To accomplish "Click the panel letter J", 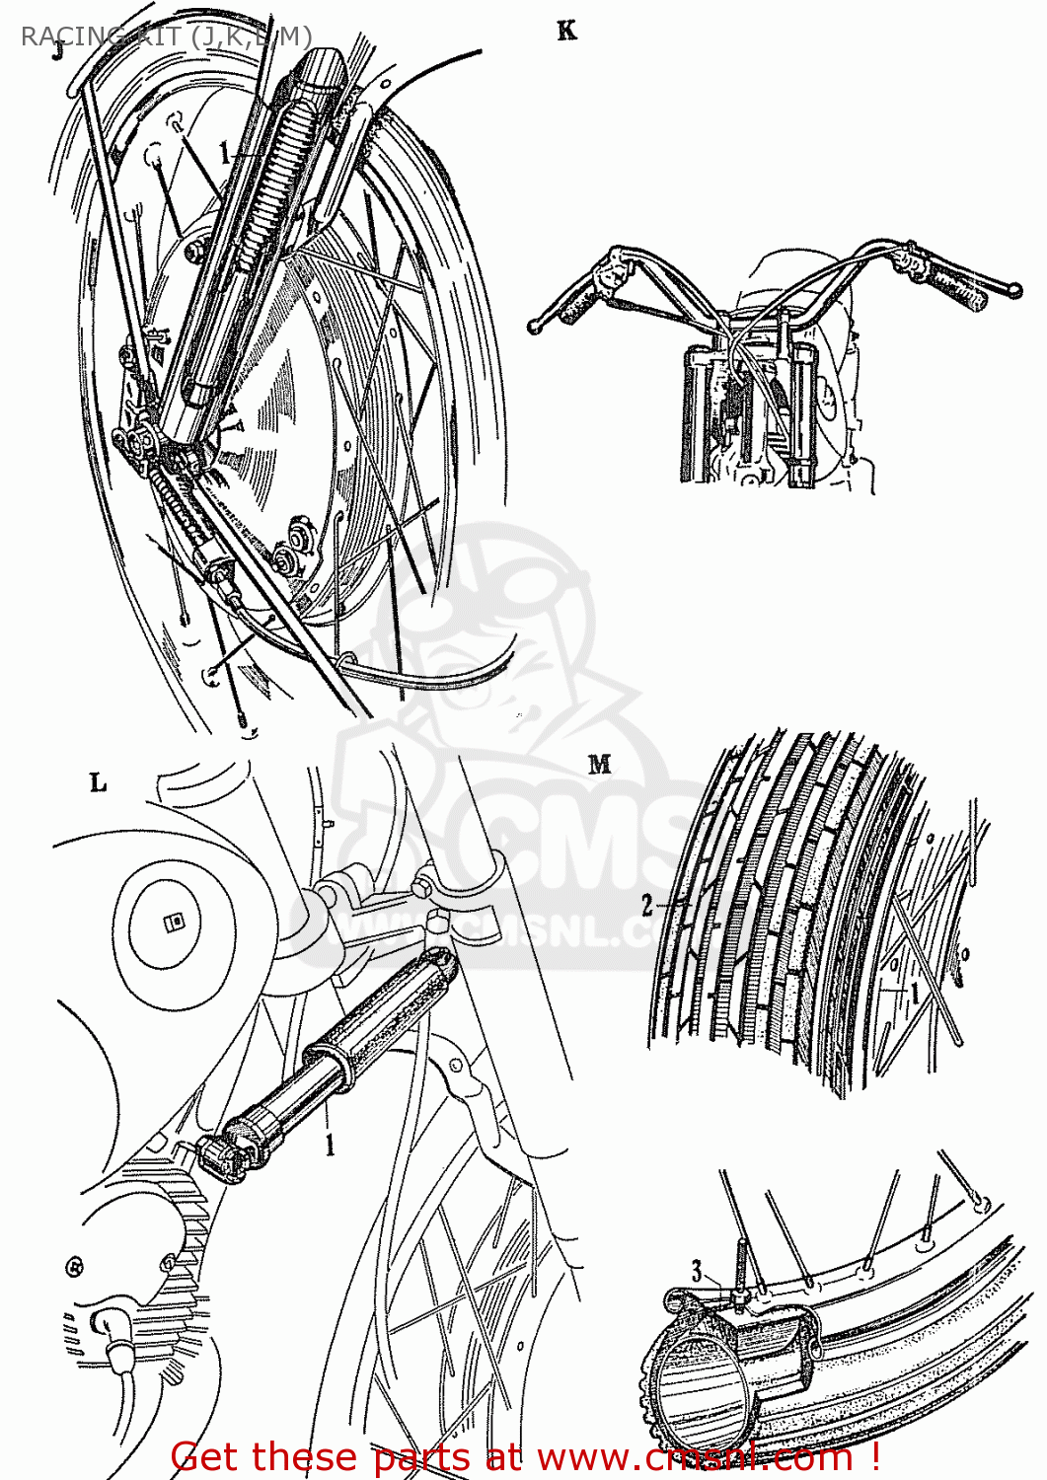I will (x=58, y=50).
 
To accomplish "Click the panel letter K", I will (x=566, y=32).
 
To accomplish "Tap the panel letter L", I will (x=98, y=783).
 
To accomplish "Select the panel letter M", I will (x=599, y=764).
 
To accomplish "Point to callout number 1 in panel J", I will (x=226, y=153).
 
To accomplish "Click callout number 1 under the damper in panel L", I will (x=330, y=1145).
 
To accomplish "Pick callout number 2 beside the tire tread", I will (x=647, y=905).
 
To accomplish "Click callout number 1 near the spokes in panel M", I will (x=914, y=992).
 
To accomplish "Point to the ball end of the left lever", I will (x=535, y=326).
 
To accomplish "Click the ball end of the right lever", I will (x=1011, y=289).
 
